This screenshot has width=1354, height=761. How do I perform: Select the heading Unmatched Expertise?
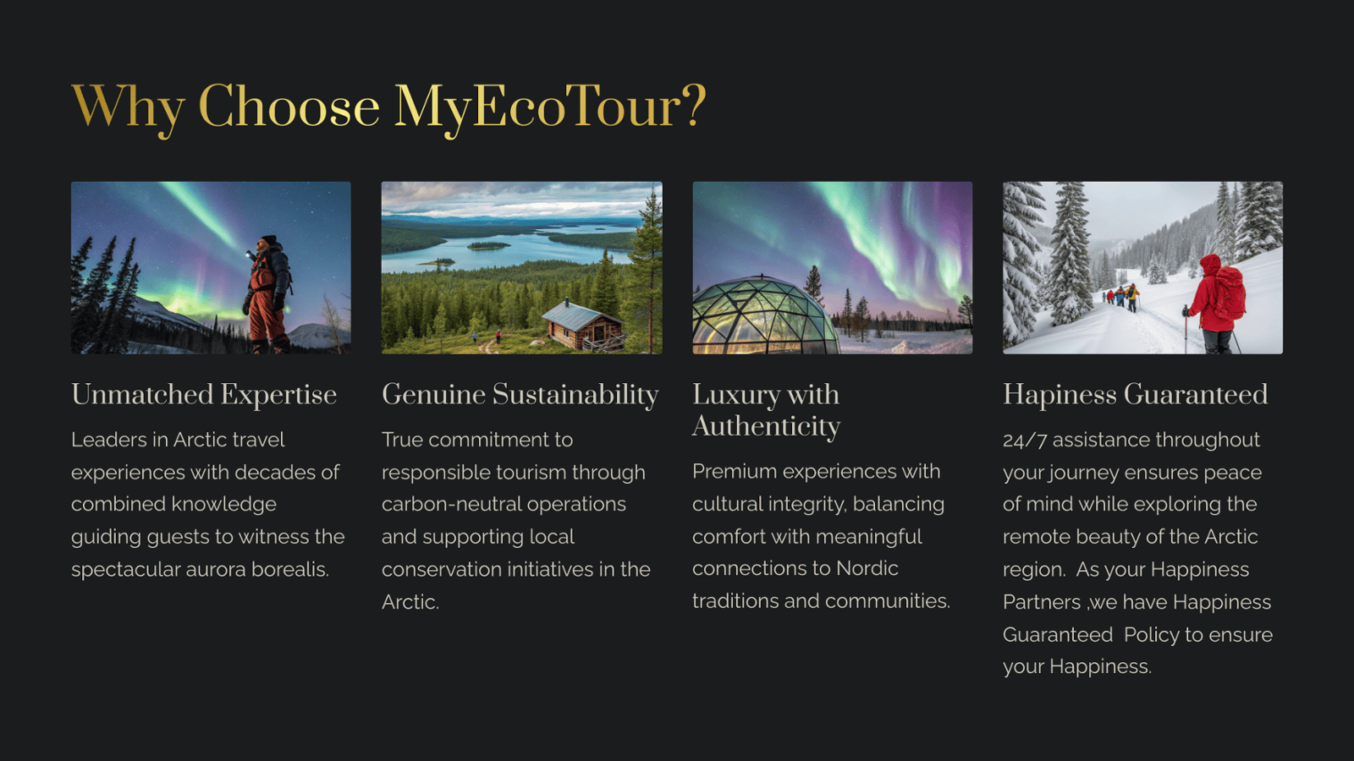tap(204, 395)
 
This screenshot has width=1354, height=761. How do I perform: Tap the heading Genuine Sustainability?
tap(520, 395)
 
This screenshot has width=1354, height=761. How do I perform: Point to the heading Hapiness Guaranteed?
tap(1135, 395)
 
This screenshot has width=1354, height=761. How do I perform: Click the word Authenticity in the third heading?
tap(767, 427)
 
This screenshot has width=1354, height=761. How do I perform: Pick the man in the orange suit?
tap(268, 293)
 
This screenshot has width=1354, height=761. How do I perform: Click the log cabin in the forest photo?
tap(583, 326)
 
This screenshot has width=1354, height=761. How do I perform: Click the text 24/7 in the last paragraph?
tap(1025, 441)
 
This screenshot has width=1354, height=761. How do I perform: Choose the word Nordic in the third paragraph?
tap(867, 568)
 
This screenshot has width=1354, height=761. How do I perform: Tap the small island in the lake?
tap(488, 246)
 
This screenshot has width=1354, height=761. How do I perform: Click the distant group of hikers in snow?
tap(1122, 297)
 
